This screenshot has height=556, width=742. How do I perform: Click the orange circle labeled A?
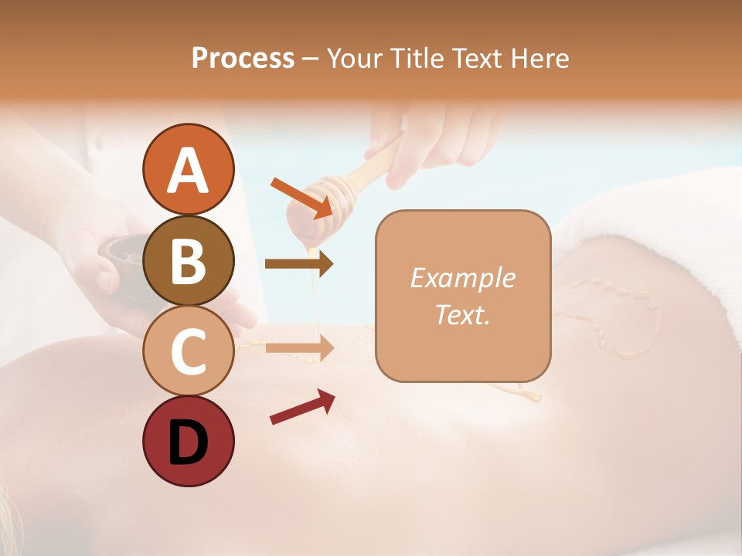click(x=189, y=169)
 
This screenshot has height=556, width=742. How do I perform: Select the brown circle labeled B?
click(x=189, y=260)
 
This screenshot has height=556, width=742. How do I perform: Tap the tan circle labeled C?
click(x=189, y=351)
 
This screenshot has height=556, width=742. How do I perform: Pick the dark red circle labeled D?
click(x=189, y=441)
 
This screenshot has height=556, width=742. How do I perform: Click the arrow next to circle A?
click(x=301, y=196)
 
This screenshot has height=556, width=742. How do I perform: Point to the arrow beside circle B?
click(x=299, y=264)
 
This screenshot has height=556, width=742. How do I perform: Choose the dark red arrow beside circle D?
click(x=302, y=406)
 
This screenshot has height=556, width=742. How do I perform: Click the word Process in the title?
click(x=243, y=59)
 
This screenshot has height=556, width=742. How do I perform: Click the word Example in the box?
click(x=462, y=278)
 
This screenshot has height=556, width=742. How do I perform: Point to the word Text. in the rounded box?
click(x=462, y=315)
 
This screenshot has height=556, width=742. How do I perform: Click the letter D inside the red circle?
click(x=189, y=442)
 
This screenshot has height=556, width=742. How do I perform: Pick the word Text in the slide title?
click(x=477, y=59)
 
